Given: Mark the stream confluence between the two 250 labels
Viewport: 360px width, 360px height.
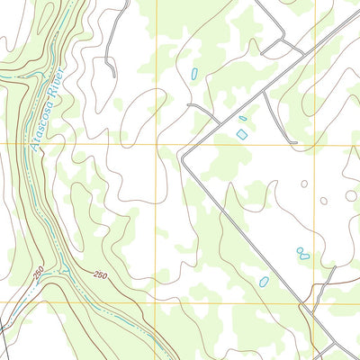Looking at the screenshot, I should coord(65,271).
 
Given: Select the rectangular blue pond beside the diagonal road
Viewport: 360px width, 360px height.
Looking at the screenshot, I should coord(241,133).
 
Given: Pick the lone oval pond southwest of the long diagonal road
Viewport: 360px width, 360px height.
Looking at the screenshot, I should coord(263,282).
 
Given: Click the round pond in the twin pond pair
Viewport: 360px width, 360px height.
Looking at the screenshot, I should coord(300,250).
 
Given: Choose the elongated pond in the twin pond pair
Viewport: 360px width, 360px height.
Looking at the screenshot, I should coord(305,256).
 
